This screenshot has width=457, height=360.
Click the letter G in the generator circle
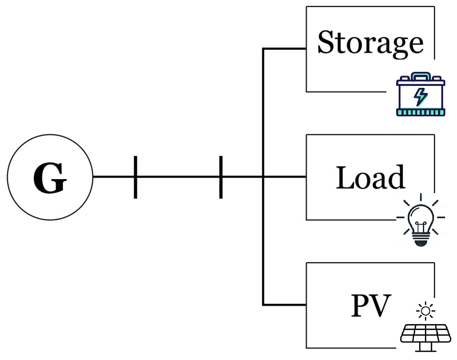(50, 178)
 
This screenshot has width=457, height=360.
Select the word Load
(370, 178)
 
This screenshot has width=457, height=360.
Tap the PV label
(370, 306)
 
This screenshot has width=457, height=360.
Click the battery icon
(420, 95)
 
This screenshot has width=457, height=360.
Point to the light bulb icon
(420, 220)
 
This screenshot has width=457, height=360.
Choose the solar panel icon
(420, 334)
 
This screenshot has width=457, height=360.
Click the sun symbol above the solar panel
(425, 311)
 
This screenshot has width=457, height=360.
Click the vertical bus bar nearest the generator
(135, 177)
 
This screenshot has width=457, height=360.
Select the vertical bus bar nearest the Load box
(221, 177)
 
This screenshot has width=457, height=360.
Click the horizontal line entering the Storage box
(285, 49)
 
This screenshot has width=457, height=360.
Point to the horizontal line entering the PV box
(285, 305)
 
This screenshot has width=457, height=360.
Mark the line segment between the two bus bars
(178, 177)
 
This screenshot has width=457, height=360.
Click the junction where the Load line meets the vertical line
(263, 177)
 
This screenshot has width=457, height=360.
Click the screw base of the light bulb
(419, 238)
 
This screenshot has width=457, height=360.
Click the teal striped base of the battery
(420, 112)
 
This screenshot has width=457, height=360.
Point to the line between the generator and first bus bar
(114, 177)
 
